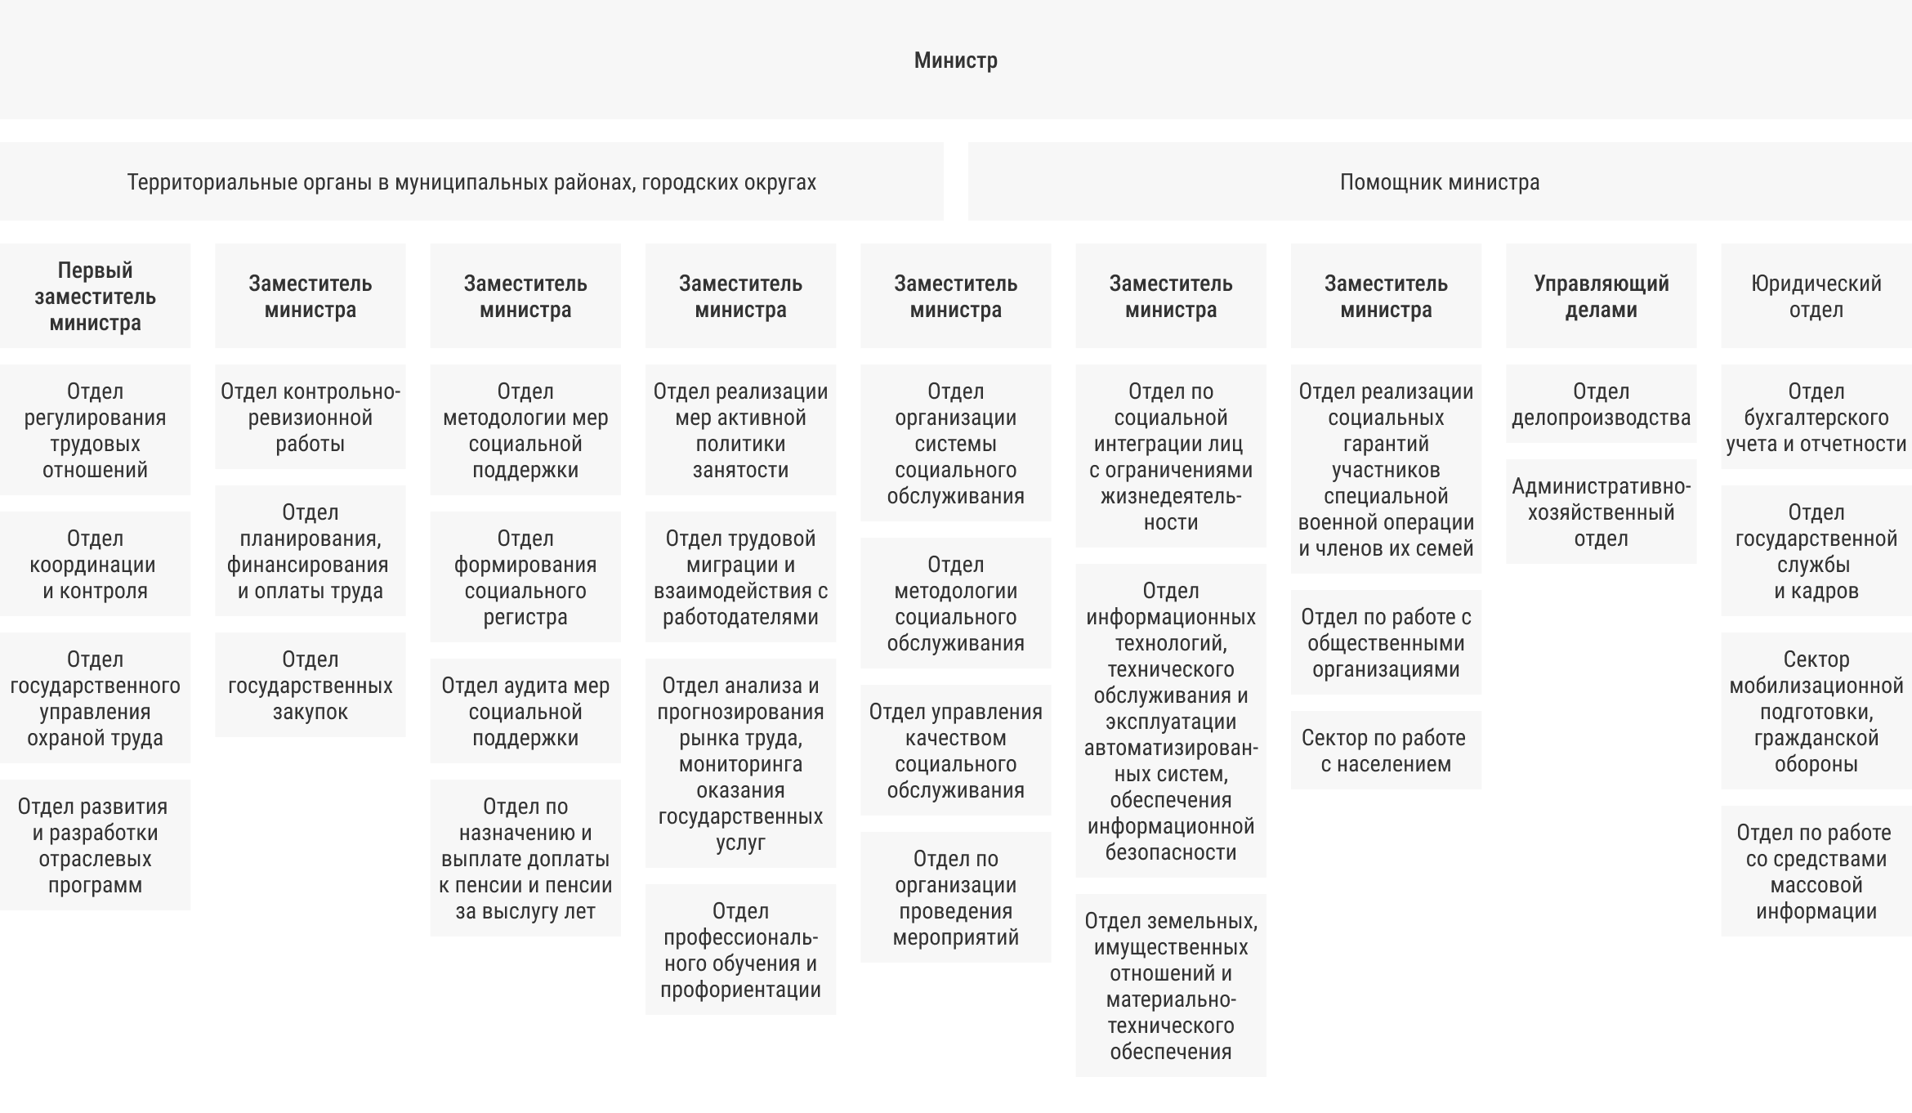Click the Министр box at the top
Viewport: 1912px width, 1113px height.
pos(955,60)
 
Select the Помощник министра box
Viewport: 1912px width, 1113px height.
pos(1439,182)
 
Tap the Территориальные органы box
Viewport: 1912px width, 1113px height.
pos(471,182)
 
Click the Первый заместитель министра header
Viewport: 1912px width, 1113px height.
pos(95,297)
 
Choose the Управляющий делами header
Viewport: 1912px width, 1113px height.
pos(1601,297)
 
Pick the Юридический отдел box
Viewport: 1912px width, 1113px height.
pos(1816,297)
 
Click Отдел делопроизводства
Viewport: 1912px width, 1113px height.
pos(1601,405)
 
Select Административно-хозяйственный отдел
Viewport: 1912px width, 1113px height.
pos(1601,512)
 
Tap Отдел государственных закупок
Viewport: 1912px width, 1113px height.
pos(310,686)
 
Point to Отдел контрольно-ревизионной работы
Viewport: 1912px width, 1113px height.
pos(310,418)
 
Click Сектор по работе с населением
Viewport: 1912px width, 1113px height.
pos(1386,751)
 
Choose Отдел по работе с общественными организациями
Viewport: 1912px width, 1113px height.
pos(1386,643)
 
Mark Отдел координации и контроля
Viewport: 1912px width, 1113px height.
pos(95,565)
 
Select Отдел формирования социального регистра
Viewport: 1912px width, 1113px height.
pos(525,578)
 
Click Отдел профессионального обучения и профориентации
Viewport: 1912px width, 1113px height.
pos(740,950)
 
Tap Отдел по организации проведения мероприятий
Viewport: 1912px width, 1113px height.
pos(955,898)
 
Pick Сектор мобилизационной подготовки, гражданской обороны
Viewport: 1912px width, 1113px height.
pos(1816,712)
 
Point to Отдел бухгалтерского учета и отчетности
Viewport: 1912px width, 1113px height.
pos(1816,418)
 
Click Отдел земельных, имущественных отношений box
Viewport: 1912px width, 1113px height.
pos(1170,986)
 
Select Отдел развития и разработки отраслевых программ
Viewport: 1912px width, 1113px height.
pos(95,846)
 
